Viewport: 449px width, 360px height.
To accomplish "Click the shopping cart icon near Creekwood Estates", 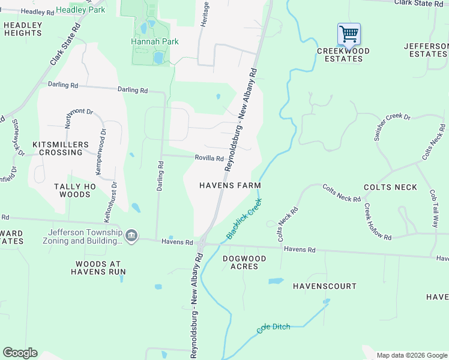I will click(349, 34).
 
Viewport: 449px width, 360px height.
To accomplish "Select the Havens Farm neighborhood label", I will click(230, 185).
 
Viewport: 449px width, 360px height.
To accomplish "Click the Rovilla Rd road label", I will click(209, 158).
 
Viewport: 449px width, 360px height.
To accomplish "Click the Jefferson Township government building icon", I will click(133, 235).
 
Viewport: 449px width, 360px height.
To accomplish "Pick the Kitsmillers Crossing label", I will click(60, 148).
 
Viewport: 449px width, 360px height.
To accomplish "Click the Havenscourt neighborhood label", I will click(324, 286).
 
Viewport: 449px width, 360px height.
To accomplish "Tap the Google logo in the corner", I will click(20, 353).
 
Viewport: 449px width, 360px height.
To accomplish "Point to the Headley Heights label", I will click(23, 29).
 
